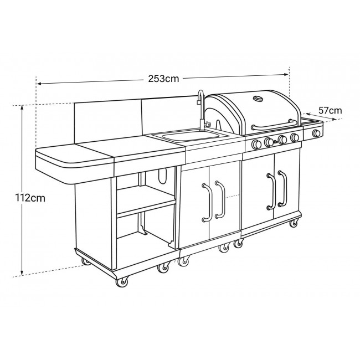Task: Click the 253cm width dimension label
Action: pos(164,78)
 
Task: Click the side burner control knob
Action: pos(316,133)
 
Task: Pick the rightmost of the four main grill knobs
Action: pos(295,137)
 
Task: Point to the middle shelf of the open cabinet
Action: pos(145,205)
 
